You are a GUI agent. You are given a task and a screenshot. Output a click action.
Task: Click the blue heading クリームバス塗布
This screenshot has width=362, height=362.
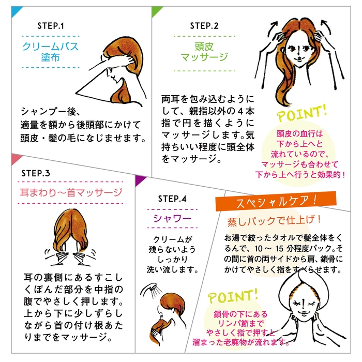pyautogui.click(x=50, y=52)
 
